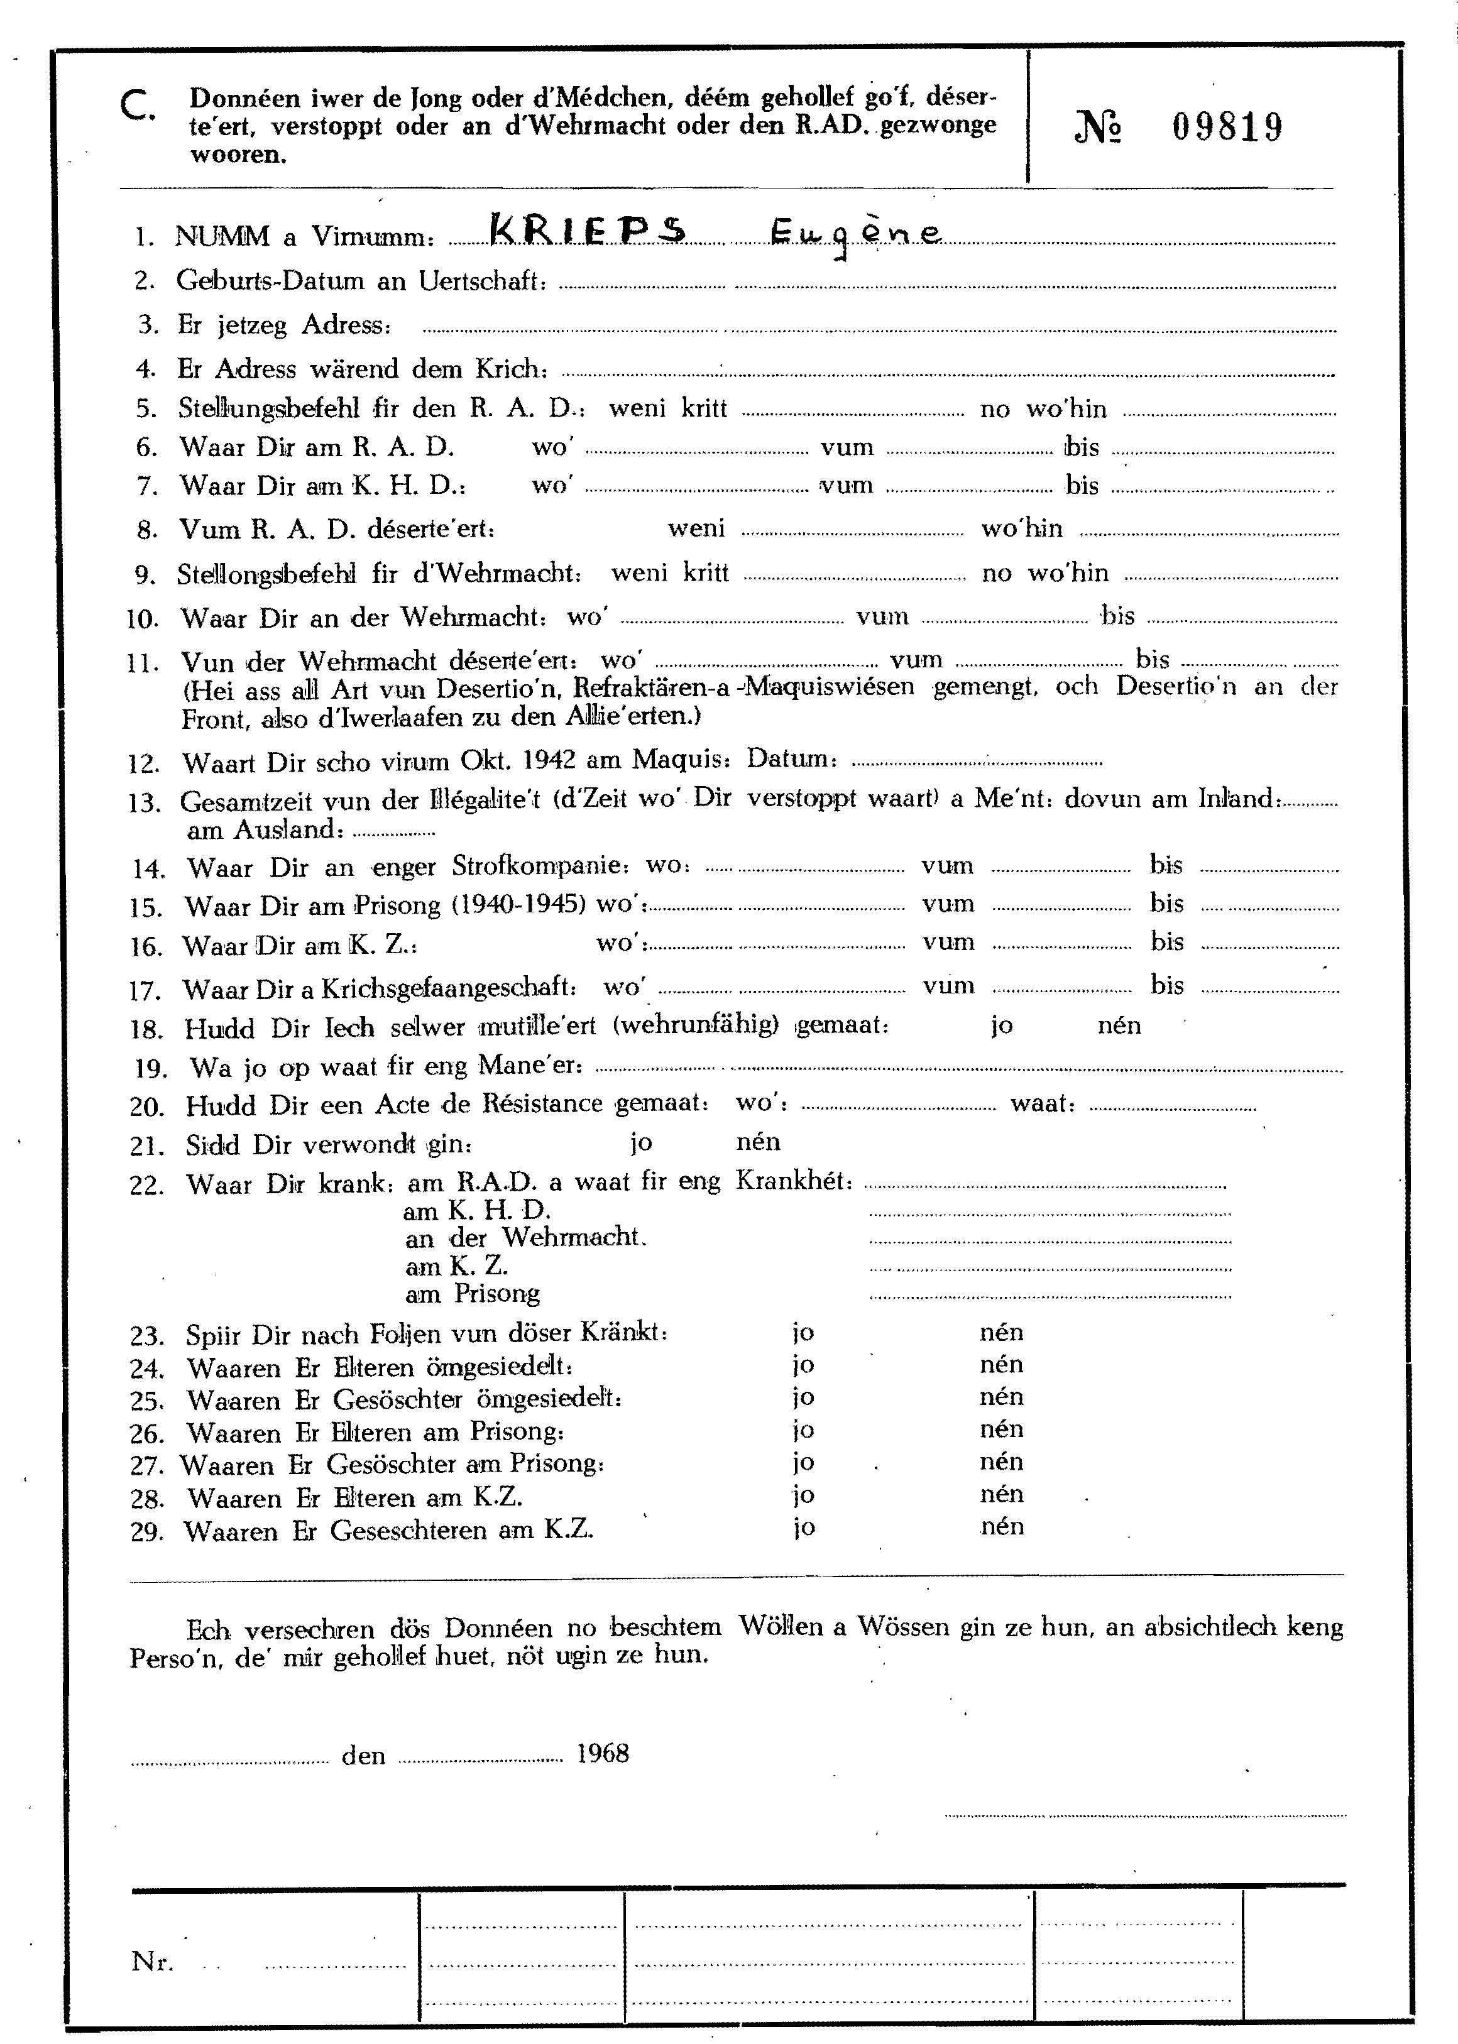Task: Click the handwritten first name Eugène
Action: pyautogui.click(x=855, y=235)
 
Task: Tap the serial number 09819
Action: pyautogui.click(x=1227, y=128)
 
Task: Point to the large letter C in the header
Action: pyautogui.click(x=136, y=107)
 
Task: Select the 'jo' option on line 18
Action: pyautogui.click(x=1001, y=1025)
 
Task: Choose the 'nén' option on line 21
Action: pyautogui.click(x=758, y=1142)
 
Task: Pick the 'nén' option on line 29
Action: pyautogui.click(x=1001, y=1526)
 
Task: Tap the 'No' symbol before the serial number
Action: pyautogui.click(x=1097, y=128)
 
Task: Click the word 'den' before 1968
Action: pyautogui.click(x=363, y=1755)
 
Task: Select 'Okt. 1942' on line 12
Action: pyautogui.click(x=519, y=761)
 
